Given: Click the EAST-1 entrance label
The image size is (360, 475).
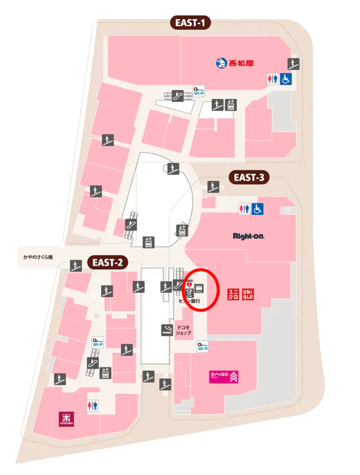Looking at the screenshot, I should pos(190,24).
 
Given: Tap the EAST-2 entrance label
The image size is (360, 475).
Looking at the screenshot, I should pos(108,263).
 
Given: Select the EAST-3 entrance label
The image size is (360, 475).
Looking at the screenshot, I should pos(249,178).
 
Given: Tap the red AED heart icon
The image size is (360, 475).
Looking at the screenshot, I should pos(190,285).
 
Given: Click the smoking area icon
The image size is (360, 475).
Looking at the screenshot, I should pos(166,329).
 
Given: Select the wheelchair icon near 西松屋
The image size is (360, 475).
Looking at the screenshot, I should pos(287,78).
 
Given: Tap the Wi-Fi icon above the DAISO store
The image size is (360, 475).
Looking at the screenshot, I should pos(202,347).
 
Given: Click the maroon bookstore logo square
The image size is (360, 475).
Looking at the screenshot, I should pos(65,418).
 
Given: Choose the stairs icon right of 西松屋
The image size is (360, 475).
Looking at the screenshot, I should pos(293,62).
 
